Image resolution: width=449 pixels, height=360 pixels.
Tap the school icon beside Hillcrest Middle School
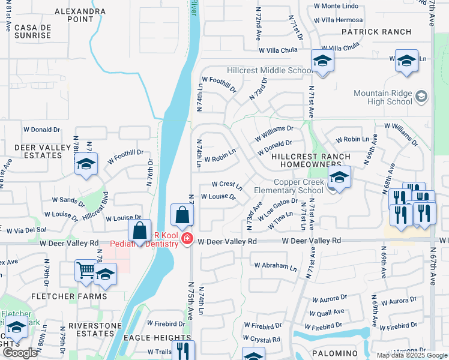(x=322, y=61)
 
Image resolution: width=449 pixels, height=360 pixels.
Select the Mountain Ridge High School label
(x=383, y=97)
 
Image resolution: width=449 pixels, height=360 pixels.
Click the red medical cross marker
(x=187, y=239)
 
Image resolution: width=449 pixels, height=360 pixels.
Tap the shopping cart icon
(x=85, y=270)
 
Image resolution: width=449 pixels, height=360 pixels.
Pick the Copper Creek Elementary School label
(x=299, y=186)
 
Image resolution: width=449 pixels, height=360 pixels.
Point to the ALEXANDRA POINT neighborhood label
(x=80, y=15)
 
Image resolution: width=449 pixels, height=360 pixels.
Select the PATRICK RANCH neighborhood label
(x=376, y=32)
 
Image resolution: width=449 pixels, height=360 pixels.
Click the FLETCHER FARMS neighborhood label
(x=69, y=296)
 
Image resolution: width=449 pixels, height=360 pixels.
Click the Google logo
(x=20, y=353)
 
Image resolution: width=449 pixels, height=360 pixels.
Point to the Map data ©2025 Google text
(x=412, y=355)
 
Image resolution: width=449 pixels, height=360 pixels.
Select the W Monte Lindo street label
(x=336, y=6)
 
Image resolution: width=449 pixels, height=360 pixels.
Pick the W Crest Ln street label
(x=226, y=184)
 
